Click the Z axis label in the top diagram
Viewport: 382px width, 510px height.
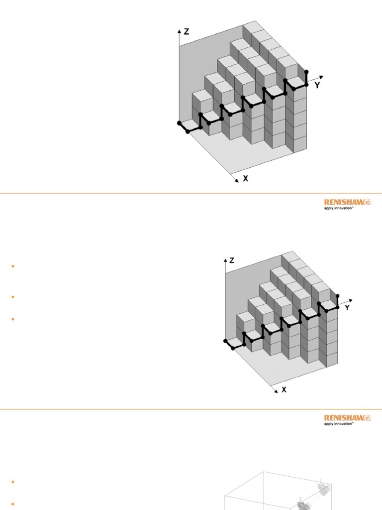(x=187, y=31)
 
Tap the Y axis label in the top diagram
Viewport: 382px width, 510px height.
(x=317, y=85)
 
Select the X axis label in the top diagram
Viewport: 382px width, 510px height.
(x=245, y=178)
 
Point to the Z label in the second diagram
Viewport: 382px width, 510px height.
(x=232, y=260)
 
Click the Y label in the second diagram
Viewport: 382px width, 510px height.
(x=347, y=308)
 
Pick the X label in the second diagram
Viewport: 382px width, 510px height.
(x=284, y=390)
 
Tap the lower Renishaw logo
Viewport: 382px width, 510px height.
(x=347, y=418)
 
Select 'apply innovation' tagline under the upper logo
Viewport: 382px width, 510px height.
(x=339, y=209)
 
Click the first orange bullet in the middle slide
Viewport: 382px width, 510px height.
(x=12, y=266)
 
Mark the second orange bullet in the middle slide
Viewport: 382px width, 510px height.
(x=12, y=297)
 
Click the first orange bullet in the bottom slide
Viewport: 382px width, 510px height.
(x=12, y=482)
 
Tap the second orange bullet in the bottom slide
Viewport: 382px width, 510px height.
(x=12, y=504)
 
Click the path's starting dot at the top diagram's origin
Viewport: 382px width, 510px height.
(x=180, y=123)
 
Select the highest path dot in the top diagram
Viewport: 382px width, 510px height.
(x=306, y=72)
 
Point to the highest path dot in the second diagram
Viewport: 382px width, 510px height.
(x=338, y=296)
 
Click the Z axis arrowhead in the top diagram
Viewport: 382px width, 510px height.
(x=179, y=30)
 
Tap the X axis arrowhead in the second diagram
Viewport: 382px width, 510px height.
(x=276, y=391)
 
